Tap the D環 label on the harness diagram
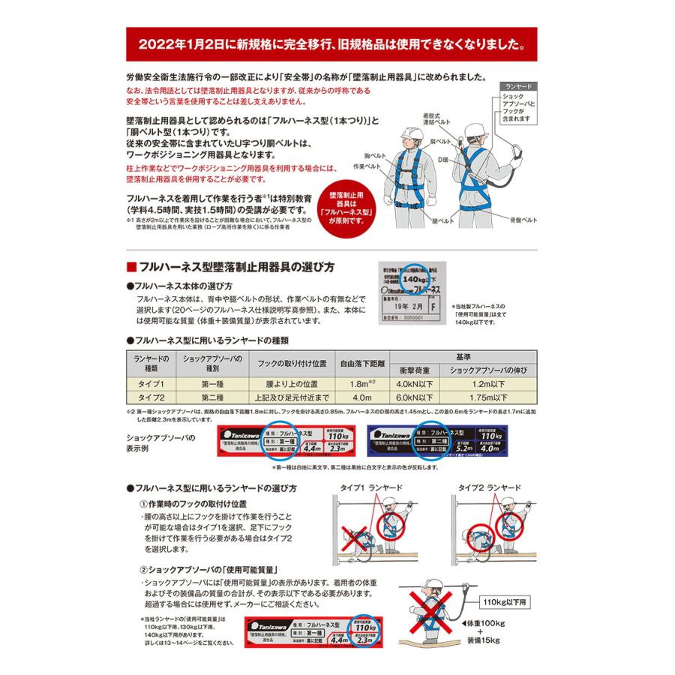(x=442, y=160)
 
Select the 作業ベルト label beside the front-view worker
(x=372, y=166)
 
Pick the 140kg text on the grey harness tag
(x=415, y=278)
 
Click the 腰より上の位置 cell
(x=292, y=383)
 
